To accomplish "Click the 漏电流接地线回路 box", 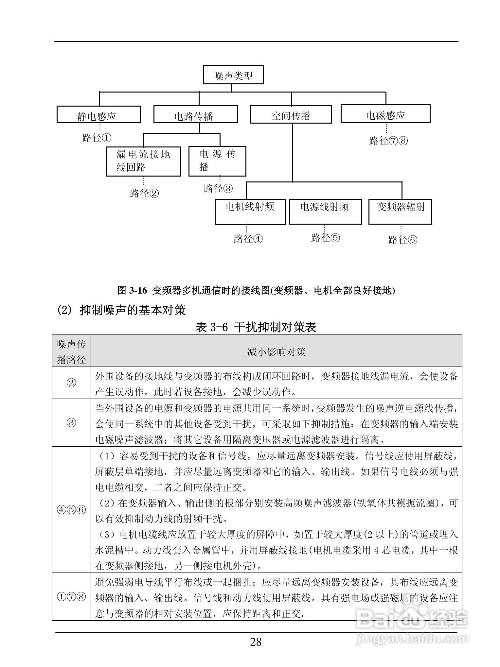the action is point(143,161).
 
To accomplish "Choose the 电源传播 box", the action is point(217,161).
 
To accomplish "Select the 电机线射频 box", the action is point(250,212).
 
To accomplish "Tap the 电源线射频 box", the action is point(325,212).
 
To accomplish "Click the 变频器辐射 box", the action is point(400,212).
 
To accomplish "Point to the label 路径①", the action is point(97,138).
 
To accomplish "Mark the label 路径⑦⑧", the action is point(388,141).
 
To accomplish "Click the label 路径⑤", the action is point(325,238).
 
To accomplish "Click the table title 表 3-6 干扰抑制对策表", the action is point(256,327).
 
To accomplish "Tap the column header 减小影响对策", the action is point(276,351).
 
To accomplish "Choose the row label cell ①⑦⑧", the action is point(71,597).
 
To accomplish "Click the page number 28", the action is point(256,642).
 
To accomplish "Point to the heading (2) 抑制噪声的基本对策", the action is point(121,310).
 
